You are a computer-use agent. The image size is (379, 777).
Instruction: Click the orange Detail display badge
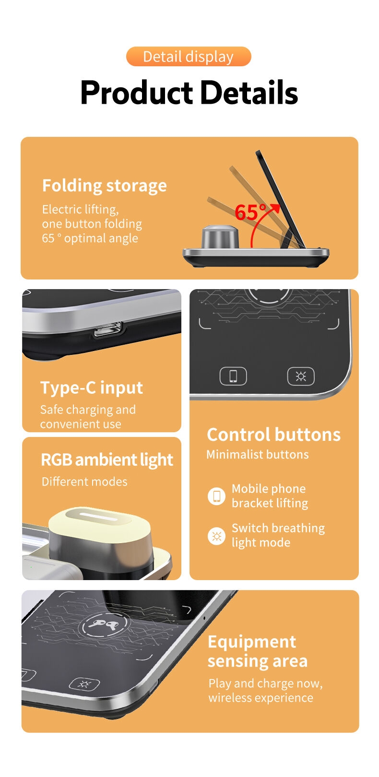(189, 57)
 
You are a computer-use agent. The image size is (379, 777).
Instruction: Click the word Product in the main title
(137, 93)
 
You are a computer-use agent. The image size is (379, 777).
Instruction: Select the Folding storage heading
(104, 186)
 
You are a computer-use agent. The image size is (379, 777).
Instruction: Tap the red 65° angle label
(250, 212)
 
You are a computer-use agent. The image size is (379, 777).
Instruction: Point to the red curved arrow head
(275, 208)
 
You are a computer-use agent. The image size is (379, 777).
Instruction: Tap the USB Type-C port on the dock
(108, 329)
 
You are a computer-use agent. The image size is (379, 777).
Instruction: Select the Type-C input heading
(92, 388)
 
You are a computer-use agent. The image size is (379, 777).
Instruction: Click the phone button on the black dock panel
(233, 376)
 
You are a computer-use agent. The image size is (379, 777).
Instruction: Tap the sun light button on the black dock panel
(301, 376)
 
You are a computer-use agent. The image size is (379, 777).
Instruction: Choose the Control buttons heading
(273, 435)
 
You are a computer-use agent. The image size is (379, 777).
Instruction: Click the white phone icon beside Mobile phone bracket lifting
(216, 496)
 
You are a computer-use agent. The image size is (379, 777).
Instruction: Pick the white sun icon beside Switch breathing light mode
(216, 536)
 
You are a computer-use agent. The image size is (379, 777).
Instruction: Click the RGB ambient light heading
(107, 461)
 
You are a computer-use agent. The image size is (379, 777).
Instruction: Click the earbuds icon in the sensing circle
(103, 624)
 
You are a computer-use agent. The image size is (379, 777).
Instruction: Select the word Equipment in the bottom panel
(252, 643)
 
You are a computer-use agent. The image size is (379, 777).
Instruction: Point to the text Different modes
(84, 482)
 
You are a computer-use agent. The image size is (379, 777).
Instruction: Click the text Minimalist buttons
(258, 454)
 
